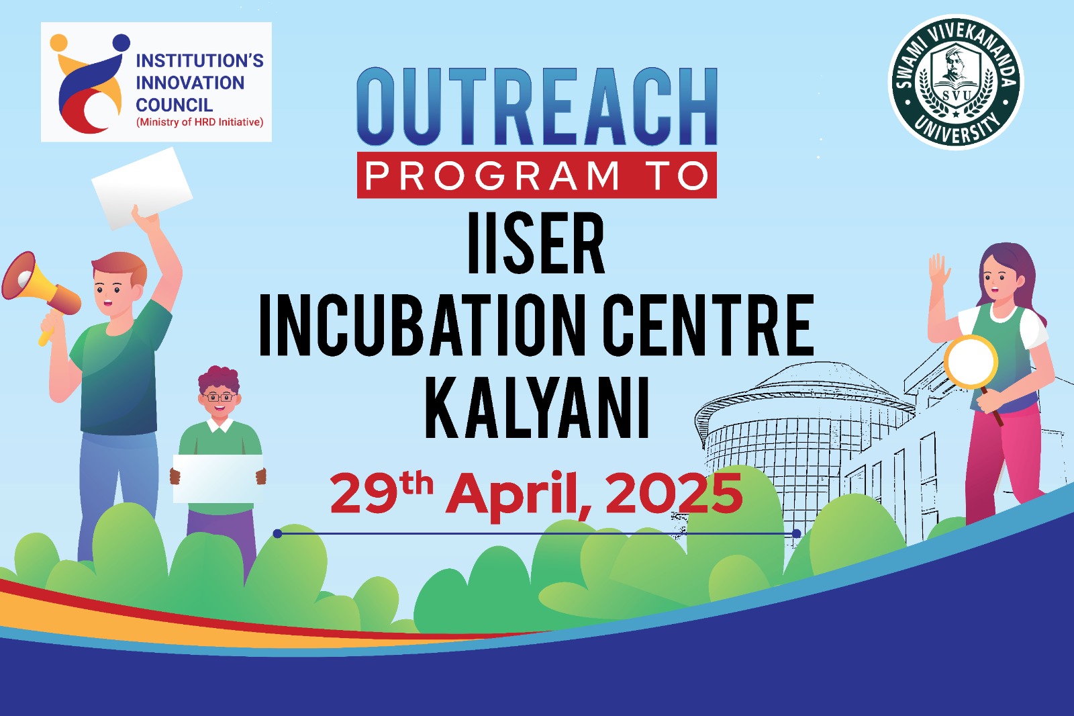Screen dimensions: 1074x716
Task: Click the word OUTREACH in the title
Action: (537, 106)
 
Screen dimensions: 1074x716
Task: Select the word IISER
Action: (536, 243)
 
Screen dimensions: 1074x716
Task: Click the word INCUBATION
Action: (422, 325)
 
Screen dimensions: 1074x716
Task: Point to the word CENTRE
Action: (709, 325)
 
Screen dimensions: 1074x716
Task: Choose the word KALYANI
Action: (537, 407)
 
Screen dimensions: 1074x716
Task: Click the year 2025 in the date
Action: (674, 493)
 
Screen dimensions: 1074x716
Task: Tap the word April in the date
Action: (518, 495)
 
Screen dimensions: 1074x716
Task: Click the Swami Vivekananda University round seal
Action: (956, 82)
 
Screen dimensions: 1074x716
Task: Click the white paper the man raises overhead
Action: (142, 188)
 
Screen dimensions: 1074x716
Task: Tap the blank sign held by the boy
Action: (218, 478)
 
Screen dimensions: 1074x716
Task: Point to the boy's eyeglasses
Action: (219, 398)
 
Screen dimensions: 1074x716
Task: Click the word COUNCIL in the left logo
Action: (174, 105)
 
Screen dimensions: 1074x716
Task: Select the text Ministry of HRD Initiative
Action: (200, 122)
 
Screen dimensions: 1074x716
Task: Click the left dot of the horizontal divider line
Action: (278, 533)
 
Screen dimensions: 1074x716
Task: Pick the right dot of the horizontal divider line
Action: (796, 533)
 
